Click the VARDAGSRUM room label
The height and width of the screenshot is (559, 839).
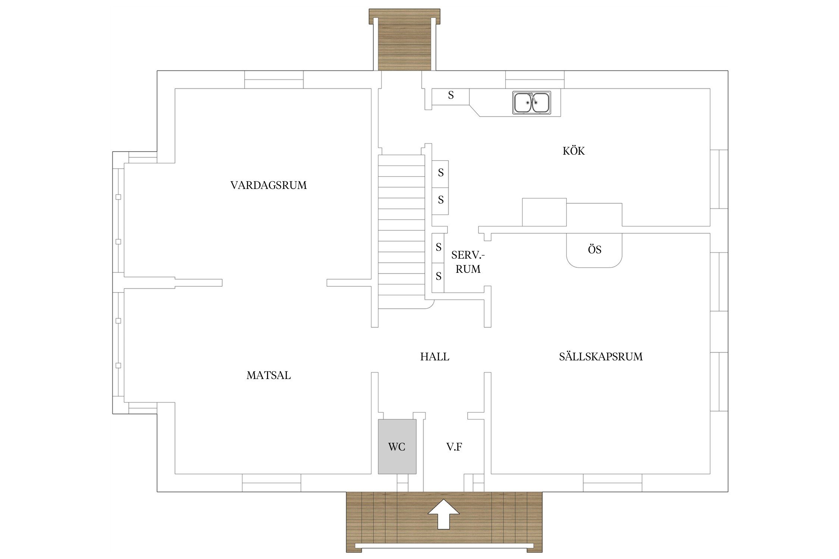click(268, 185)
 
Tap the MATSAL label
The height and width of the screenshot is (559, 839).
click(268, 375)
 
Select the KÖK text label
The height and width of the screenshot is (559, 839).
click(574, 151)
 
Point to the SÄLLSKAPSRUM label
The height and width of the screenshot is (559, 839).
click(601, 357)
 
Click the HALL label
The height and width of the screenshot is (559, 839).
click(435, 357)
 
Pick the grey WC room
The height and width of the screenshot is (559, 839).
click(397, 446)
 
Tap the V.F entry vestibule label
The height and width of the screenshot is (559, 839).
click(454, 447)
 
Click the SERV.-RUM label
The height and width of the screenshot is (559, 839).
click(468, 262)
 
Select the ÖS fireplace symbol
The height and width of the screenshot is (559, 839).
click(594, 250)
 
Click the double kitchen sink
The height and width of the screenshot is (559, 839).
click(532, 102)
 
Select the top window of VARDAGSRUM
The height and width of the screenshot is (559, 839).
click(274, 79)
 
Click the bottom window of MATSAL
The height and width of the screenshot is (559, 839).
click(271, 483)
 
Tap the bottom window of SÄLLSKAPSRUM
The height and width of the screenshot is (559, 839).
click(613, 483)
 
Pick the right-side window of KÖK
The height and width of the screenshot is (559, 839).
click(719, 179)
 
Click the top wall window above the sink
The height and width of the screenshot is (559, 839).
click(535, 79)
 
